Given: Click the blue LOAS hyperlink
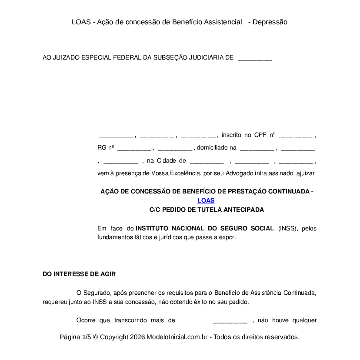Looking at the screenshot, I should click(x=206, y=200).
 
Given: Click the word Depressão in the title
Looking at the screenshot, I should click(x=270, y=22).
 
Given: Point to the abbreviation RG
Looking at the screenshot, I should click(x=102, y=148).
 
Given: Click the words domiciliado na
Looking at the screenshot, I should click(x=217, y=148).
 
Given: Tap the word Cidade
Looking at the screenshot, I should click(x=166, y=161).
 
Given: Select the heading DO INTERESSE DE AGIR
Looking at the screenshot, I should click(x=79, y=274).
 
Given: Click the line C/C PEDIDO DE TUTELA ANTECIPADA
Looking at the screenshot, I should click(x=207, y=210).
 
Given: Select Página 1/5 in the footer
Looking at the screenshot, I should click(x=75, y=337).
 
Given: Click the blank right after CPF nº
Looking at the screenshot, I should click(x=296, y=136).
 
